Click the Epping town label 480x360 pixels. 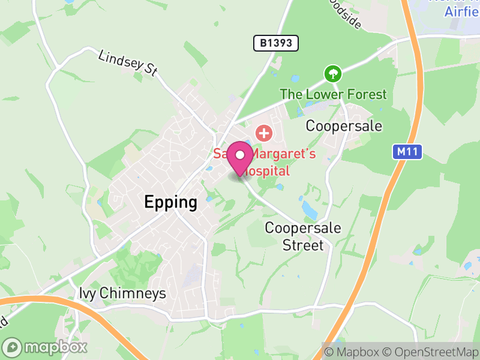coord(170,203)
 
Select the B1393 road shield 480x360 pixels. coord(275,43)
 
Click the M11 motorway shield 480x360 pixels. coord(408,152)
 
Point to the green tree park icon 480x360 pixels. coord(332,74)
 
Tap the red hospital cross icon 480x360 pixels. coord(263,132)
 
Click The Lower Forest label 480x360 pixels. coord(334,94)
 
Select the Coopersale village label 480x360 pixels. coord(344,126)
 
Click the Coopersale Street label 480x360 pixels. coord(303,236)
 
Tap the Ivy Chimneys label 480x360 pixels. coord(122,293)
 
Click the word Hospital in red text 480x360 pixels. coord(267,171)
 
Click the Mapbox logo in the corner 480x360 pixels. coord(46,347)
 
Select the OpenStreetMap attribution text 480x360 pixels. coord(430,351)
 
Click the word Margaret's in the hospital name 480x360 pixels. coord(283,155)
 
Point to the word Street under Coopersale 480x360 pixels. coord(303,245)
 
